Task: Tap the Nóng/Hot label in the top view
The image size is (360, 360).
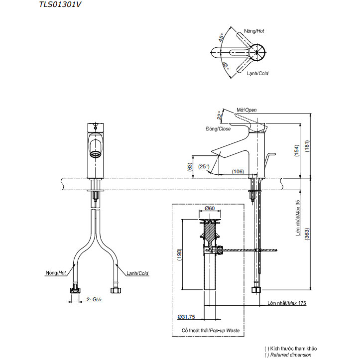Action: coord(254,31)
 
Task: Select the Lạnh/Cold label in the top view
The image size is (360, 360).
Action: coord(257,73)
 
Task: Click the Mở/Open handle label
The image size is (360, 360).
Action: coord(246,110)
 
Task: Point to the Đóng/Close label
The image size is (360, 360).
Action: coord(218,128)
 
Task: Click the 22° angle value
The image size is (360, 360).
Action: coord(219,116)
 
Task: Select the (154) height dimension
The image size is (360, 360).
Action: coord(295,149)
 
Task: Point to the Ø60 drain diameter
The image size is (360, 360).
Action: coord(209,209)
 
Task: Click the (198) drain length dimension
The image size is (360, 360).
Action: coord(179,254)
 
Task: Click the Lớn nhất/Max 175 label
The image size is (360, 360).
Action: coord(286,303)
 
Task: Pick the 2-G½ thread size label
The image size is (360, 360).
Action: coord(94,300)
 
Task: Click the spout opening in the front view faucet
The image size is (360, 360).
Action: coord(95,147)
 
